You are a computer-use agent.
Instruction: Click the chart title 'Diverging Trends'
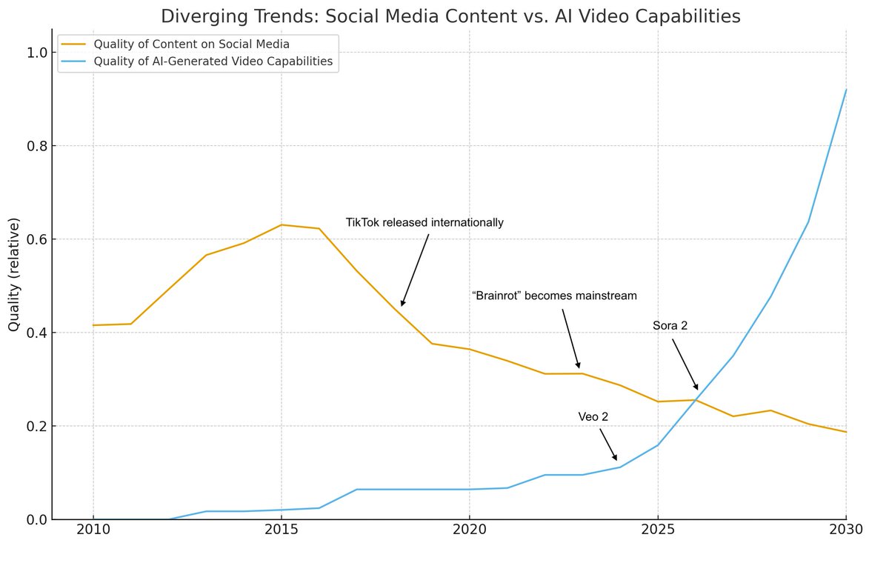tap(450, 16)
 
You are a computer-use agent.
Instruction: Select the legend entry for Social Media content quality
tap(191, 44)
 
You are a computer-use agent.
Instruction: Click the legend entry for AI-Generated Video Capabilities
tap(213, 61)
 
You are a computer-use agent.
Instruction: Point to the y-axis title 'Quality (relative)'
tap(14, 274)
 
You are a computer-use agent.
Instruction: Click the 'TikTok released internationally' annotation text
tap(424, 223)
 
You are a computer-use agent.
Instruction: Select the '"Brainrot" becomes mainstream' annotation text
tap(554, 296)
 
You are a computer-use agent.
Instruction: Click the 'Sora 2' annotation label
tap(670, 326)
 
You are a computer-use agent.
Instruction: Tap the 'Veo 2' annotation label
tap(593, 418)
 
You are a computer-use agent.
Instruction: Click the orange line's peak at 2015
tap(282, 224)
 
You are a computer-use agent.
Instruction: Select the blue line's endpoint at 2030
tap(845, 90)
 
